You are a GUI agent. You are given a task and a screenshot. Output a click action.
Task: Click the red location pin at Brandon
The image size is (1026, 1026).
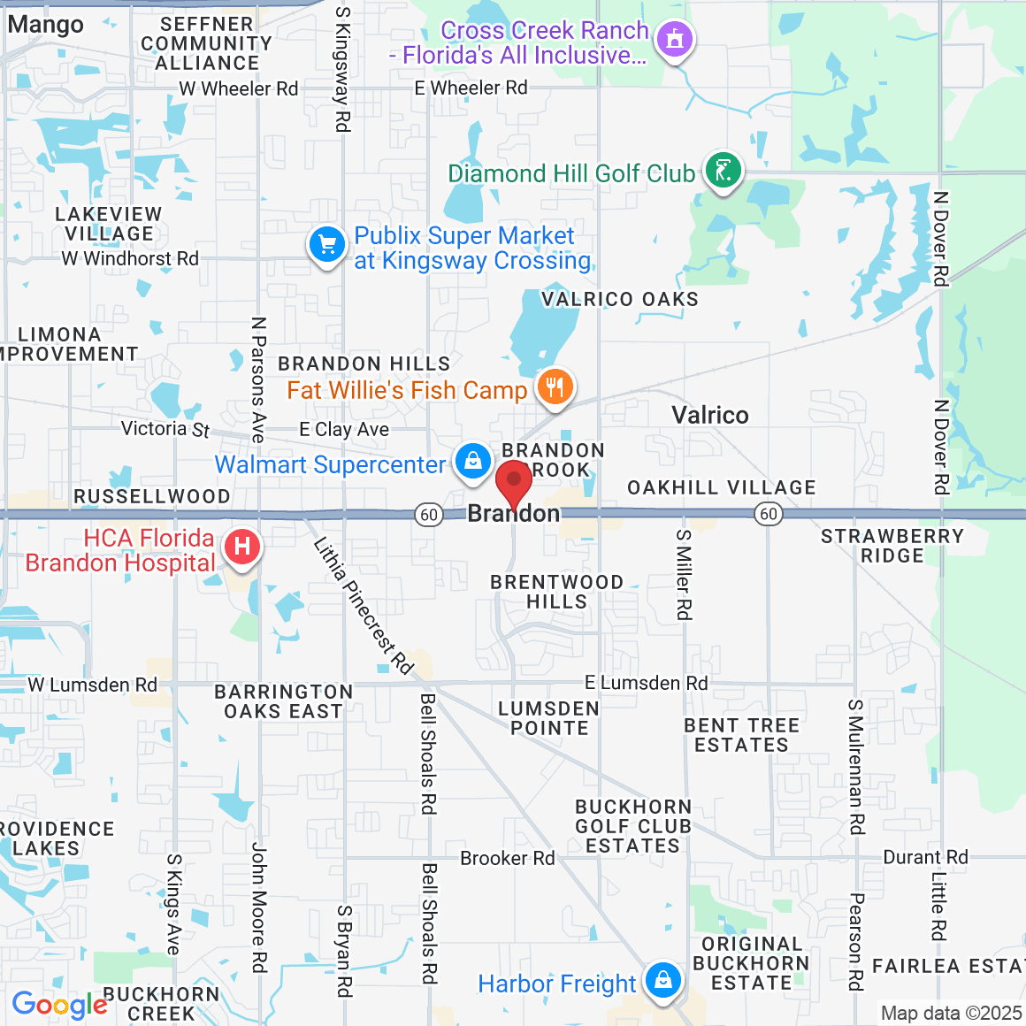514,483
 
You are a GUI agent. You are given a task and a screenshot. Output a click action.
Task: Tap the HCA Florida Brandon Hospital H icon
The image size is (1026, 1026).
242,547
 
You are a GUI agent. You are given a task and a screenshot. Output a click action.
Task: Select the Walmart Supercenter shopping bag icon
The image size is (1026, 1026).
473,461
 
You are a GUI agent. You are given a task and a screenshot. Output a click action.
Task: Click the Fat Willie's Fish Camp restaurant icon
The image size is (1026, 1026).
555,387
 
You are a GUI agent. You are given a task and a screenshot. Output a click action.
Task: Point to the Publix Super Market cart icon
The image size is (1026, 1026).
326,244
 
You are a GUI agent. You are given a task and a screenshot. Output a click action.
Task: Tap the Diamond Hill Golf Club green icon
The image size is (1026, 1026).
724,170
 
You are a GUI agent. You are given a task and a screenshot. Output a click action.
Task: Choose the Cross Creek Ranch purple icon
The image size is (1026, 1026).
676,39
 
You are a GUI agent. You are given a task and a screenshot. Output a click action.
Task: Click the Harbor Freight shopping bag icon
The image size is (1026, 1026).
662,979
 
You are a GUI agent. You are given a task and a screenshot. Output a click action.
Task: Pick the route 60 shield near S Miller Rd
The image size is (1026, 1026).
769,514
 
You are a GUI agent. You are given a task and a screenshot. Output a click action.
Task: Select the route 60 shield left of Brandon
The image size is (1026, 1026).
429,515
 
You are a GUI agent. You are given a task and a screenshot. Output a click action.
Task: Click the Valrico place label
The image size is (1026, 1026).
709,415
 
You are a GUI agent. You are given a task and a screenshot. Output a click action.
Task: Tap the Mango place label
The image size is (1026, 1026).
46,25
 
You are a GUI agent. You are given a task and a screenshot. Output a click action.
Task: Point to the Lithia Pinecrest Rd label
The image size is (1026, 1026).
363,606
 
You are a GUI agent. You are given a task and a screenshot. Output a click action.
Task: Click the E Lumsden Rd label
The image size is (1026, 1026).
646,683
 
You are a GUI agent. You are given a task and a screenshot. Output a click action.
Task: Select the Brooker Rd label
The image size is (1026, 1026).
507,858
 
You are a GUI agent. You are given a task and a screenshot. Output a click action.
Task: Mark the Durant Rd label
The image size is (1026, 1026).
925,857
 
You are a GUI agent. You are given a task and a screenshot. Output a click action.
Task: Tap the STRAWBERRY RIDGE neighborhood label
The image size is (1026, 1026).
892,546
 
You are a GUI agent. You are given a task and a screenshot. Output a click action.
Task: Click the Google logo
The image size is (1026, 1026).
59,1005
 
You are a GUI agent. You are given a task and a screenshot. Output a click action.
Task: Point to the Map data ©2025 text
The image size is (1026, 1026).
951,1014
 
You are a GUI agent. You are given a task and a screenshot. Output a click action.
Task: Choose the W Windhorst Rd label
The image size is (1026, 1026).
130,258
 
